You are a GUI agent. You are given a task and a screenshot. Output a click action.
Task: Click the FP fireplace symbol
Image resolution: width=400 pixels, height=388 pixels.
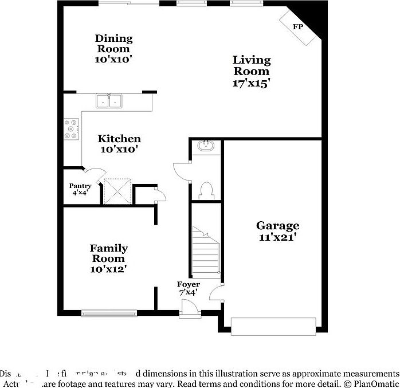298,28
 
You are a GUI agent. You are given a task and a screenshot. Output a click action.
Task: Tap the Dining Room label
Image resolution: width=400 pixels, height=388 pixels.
113,44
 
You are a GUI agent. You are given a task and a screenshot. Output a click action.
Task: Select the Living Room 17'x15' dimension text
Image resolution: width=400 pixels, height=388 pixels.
251,83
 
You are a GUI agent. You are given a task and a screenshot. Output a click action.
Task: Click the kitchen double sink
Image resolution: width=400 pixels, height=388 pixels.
109,101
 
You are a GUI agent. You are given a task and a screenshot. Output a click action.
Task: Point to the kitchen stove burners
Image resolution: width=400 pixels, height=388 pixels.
71,129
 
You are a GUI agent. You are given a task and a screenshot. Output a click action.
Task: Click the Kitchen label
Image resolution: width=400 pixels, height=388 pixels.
119,139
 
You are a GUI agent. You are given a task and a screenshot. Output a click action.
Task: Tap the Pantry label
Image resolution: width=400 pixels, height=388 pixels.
80,186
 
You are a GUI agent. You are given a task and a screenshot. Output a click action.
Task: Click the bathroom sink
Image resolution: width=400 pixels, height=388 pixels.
206,146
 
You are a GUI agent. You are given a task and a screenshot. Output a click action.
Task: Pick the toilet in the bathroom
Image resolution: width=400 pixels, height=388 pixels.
206,190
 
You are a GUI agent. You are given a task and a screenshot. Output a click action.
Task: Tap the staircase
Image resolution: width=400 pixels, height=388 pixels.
206,252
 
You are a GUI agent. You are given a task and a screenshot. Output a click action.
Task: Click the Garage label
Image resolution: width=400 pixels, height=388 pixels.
277,226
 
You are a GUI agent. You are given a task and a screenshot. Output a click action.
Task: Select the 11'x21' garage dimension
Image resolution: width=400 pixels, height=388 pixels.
277,237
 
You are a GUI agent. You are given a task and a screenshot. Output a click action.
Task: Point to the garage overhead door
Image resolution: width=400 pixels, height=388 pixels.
273,326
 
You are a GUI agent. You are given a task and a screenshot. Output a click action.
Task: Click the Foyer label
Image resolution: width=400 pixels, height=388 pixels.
188,284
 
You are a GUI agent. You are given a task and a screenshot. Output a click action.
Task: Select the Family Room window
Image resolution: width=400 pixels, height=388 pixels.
109,313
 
